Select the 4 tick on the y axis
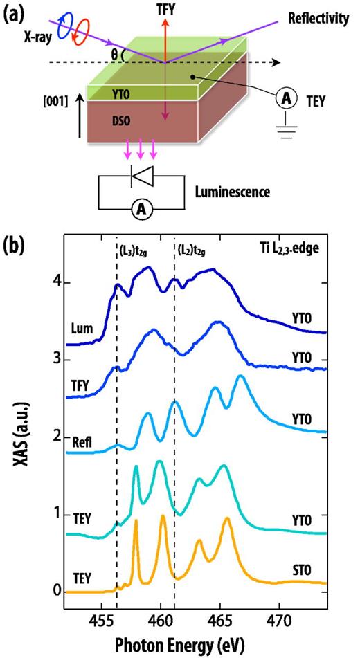[48, 284]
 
